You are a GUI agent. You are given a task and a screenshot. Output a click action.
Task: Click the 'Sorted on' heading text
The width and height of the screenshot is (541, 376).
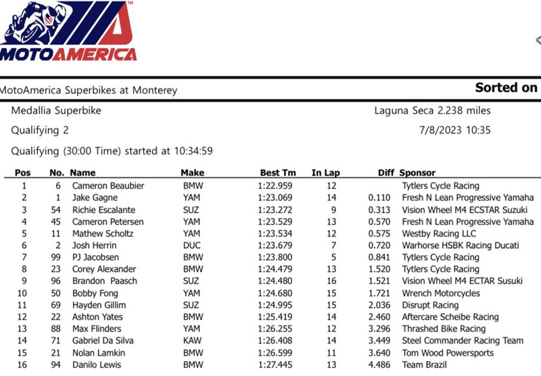(506, 88)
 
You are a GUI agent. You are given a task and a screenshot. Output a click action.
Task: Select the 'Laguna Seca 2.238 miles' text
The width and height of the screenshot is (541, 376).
(432, 110)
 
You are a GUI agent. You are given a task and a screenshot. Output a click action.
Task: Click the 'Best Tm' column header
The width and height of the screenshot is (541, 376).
(278, 173)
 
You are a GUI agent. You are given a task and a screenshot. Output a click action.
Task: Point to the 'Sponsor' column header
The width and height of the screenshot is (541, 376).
(417, 173)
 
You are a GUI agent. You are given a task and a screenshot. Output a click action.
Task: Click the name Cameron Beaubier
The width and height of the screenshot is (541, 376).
(108, 185)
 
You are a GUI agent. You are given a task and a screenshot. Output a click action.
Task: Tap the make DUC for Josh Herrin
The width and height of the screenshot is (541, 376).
(192, 245)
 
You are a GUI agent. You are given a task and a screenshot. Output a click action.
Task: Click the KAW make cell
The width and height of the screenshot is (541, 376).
(192, 341)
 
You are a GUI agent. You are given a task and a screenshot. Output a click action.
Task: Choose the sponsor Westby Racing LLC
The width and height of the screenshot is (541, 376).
(440, 233)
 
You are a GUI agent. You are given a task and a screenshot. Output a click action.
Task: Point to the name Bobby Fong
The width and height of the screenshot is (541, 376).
(95, 293)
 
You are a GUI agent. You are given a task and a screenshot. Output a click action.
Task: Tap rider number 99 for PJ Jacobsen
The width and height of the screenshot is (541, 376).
(56, 258)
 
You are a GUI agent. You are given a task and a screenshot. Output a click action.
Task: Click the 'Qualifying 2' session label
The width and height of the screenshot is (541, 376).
(40, 130)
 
